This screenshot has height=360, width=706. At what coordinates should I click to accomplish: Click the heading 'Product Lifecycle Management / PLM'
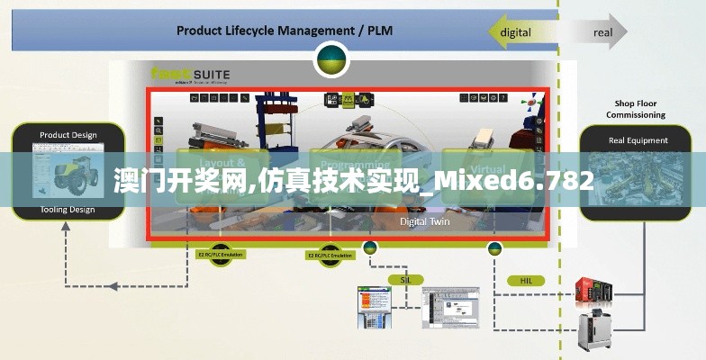coord(284,31)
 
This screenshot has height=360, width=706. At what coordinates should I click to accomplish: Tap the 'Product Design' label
coord(68,136)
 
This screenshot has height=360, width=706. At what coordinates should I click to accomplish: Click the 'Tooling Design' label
coord(68,210)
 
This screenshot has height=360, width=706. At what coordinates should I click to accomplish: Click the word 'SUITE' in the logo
coord(210,75)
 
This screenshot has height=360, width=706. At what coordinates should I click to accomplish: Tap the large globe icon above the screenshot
coord(332,58)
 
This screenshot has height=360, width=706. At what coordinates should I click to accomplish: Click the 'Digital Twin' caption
coord(424,220)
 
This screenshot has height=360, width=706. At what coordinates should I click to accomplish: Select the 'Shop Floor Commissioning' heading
coord(635,109)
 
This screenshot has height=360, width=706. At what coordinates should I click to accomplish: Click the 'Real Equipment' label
coord(638,140)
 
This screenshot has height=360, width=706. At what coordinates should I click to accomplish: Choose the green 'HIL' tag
coord(526,281)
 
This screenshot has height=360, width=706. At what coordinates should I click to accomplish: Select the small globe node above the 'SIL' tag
coord(369,247)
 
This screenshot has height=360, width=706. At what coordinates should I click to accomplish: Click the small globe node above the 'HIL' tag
coord(494,248)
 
